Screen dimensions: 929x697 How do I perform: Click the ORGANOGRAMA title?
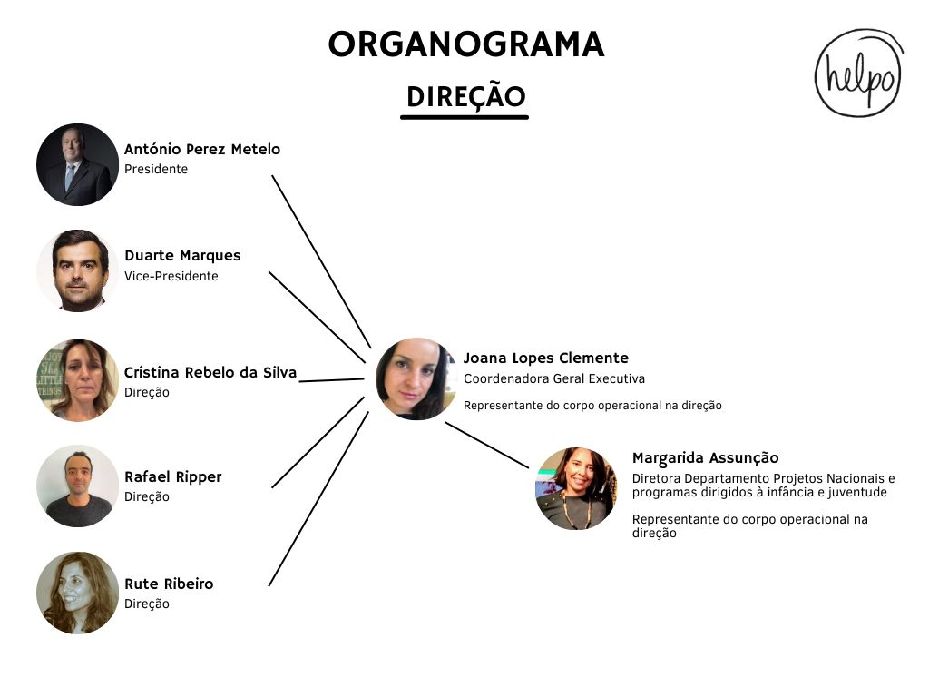click(x=466, y=44)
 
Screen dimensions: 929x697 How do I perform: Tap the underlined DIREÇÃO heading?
click(x=466, y=96)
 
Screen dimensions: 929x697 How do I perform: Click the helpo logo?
click(x=859, y=73)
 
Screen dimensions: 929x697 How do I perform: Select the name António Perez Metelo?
click(x=202, y=150)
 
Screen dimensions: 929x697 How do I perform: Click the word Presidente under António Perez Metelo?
click(x=156, y=169)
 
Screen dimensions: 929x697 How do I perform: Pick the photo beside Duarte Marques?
click(x=78, y=270)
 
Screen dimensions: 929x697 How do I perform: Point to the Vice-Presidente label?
click(x=171, y=276)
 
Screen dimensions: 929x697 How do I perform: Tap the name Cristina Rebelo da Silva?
click(x=210, y=372)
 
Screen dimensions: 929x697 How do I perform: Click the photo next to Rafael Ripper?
click(x=78, y=486)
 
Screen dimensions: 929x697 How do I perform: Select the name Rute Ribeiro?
click(x=169, y=584)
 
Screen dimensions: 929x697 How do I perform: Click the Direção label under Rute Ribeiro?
click(x=147, y=604)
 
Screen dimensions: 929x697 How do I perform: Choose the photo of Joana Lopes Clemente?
click(x=417, y=378)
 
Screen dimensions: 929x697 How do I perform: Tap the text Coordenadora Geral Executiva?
click(x=554, y=378)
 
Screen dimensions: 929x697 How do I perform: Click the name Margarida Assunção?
click(x=705, y=458)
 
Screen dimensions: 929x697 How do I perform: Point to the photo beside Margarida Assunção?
click(x=577, y=488)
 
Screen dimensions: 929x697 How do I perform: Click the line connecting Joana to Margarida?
click(x=486, y=445)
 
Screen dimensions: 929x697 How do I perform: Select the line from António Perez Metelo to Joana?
click(x=321, y=261)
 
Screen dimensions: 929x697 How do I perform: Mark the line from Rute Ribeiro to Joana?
click(x=318, y=499)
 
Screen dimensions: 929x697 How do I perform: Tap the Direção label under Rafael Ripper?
click(x=147, y=496)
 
